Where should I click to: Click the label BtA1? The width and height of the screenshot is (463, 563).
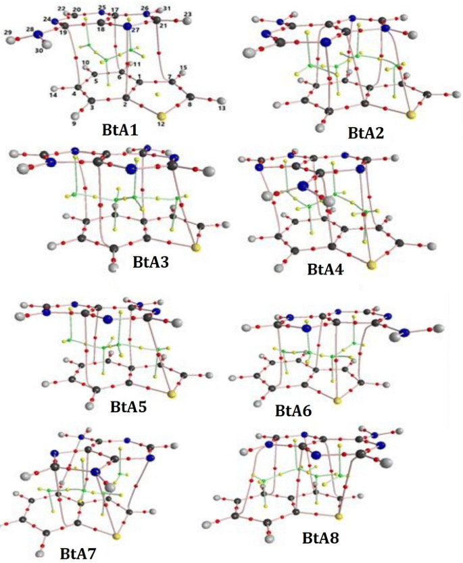120,128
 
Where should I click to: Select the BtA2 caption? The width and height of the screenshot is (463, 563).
366,132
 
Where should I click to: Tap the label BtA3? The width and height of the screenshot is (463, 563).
146,260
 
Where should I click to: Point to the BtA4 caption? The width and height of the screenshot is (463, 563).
325,270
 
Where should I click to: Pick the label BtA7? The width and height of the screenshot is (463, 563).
78,554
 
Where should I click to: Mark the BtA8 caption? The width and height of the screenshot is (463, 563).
321,538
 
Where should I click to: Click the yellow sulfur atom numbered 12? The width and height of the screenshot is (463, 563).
161,116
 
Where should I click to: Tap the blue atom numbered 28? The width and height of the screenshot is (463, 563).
39,34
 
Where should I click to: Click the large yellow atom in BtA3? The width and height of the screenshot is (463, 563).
196,249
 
